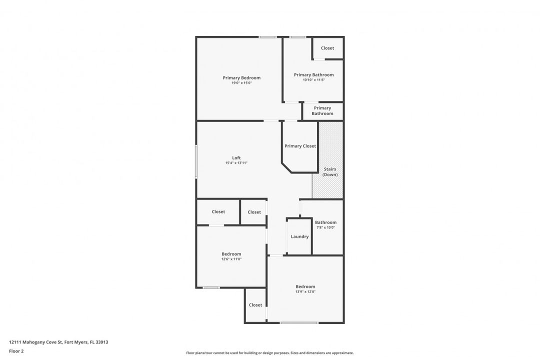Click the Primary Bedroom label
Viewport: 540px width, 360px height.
tap(241, 78)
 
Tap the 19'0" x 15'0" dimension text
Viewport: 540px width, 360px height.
tap(241, 83)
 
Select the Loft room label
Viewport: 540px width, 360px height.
tap(236, 158)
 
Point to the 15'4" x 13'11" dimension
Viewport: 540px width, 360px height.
tap(236, 163)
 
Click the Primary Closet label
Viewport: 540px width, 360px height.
tap(300, 146)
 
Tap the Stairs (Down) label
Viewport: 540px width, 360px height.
tap(330, 172)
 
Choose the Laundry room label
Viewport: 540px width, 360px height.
tap(299, 236)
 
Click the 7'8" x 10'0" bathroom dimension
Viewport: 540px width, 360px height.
tap(325, 227)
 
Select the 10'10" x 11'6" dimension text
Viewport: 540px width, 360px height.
tap(313, 80)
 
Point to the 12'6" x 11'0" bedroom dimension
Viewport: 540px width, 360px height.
tap(231, 259)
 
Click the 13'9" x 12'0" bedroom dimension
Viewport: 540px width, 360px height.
tap(305, 292)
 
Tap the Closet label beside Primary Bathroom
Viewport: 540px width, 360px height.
tap(327, 48)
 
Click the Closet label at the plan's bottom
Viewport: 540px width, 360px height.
tap(255, 305)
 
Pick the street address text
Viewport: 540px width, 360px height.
tap(58, 342)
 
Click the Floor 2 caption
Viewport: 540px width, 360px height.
tap(16, 351)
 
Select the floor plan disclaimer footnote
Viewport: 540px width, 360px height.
tap(269, 353)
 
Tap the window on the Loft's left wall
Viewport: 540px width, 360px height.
tap(196, 161)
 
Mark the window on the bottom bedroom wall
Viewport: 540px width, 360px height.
tap(299, 323)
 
